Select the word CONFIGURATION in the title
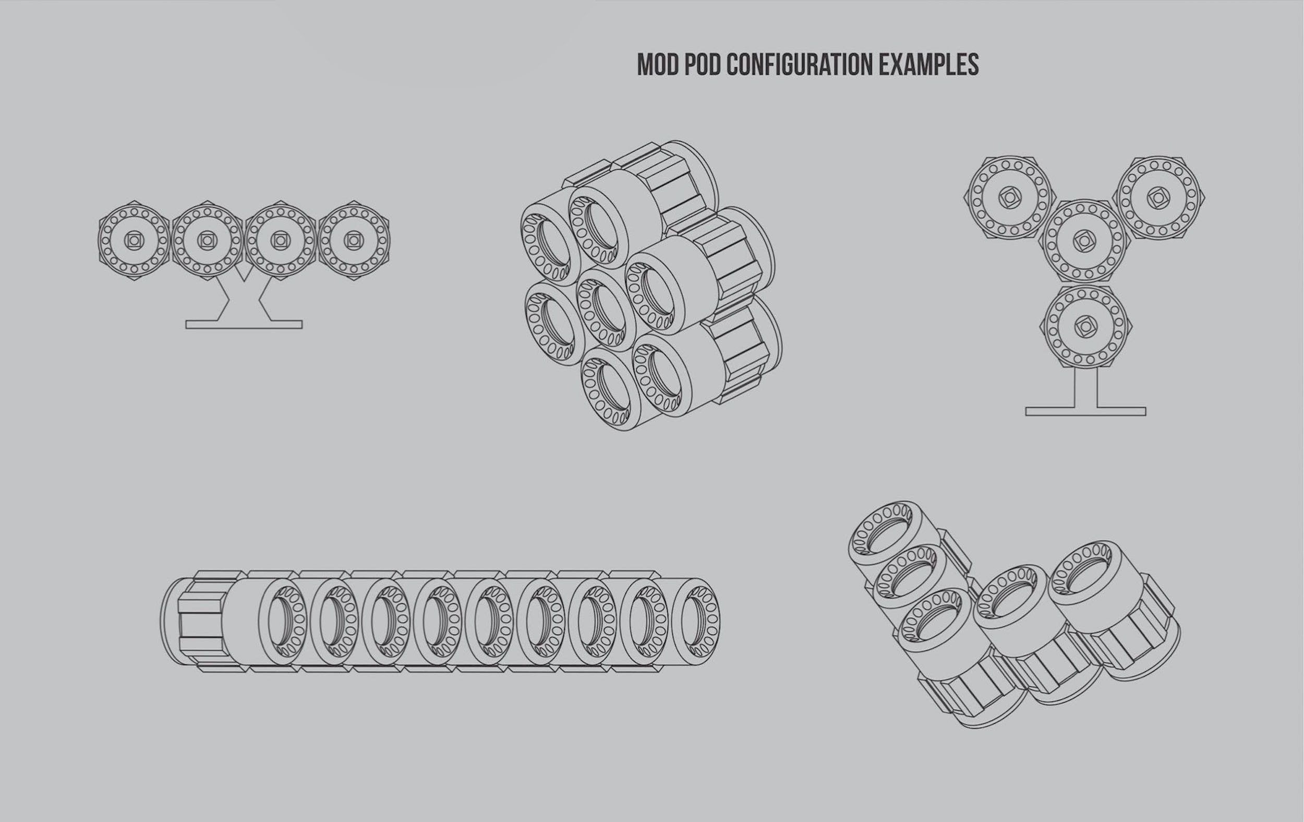tap(799, 65)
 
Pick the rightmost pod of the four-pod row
tap(354, 240)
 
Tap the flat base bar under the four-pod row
tap(244, 324)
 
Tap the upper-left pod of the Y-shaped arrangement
tap(1009, 198)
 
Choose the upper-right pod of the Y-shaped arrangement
tap(1158, 198)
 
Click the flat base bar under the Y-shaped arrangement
tap(1086, 412)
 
